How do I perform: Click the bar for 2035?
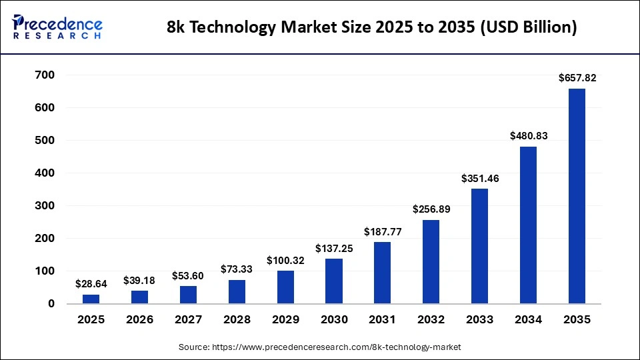[x=577, y=196]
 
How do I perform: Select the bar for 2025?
[x=91, y=299]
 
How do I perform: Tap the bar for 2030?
[x=334, y=281]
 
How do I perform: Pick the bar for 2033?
[x=479, y=246]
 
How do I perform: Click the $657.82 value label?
[x=577, y=78]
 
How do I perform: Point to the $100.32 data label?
[x=285, y=260]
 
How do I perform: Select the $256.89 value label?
[x=431, y=209]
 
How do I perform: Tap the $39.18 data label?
[x=139, y=280]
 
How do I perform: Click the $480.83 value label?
[x=528, y=135]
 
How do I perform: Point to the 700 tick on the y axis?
[x=45, y=75]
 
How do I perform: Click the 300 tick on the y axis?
[x=45, y=206]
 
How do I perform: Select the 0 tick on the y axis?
[x=50, y=304]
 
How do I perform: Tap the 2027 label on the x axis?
[x=188, y=320]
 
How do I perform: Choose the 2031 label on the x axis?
[x=383, y=320]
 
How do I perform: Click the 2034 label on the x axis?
[x=528, y=320]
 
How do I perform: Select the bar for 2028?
[x=237, y=291]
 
